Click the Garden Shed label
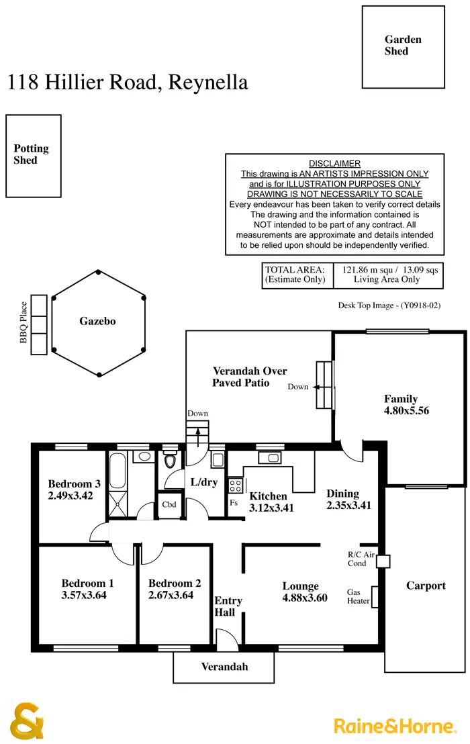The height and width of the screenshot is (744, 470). (403, 45)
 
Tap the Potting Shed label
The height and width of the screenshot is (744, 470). (31, 154)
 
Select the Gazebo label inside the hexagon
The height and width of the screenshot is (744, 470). (98, 321)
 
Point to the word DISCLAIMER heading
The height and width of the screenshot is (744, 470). (334, 163)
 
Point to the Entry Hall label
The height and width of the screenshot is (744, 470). (228, 606)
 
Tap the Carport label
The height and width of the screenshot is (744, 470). (426, 586)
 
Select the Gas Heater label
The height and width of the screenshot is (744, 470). (358, 596)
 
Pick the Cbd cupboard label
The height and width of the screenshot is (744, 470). (169, 504)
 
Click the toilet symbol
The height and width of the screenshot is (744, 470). (171, 461)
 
